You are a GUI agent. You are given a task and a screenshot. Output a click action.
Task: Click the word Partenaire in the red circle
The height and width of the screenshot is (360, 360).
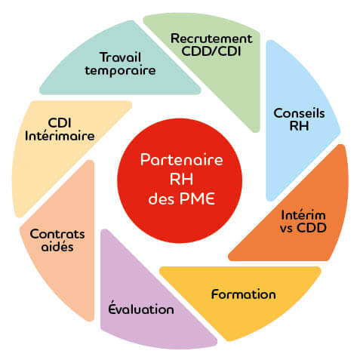click(x=182, y=160)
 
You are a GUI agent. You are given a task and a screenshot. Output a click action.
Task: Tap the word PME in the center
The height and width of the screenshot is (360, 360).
click(x=197, y=198)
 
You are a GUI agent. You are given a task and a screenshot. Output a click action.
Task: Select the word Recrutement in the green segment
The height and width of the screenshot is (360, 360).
click(x=211, y=38)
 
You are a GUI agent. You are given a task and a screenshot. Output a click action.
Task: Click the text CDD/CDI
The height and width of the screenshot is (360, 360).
click(x=211, y=51)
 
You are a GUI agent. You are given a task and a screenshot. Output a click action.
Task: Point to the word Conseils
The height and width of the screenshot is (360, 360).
click(x=299, y=113)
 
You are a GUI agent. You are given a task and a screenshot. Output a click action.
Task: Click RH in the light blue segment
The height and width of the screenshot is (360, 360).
click(x=299, y=125)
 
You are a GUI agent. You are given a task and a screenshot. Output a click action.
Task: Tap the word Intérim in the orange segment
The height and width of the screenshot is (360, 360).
click(x=303, y=215)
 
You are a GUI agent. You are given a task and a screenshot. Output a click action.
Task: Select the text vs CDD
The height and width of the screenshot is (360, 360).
click(x=303, y=228)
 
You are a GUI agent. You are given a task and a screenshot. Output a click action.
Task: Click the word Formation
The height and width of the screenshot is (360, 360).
click(x=244, y=294)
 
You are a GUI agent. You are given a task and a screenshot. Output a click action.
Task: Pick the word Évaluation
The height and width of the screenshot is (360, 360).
click(x=141, y=307)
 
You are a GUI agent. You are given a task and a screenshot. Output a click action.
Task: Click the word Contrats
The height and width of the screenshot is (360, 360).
click(x=57, y=234)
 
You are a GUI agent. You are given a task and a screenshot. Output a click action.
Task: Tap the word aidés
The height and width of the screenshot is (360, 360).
click(x=57, y=246)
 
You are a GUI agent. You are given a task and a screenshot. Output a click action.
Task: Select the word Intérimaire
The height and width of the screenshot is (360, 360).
click(x=60, y=136)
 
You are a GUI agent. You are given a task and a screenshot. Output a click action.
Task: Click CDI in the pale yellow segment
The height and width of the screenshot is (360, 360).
click(x=60, y=123)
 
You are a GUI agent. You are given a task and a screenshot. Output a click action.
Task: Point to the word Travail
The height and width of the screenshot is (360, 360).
click(x=121, y=57)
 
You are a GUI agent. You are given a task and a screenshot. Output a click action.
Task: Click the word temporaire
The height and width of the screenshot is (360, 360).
click(x=120, y=70)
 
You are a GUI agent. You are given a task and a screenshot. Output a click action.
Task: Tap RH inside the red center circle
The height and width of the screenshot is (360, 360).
click(x=181, y=179)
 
